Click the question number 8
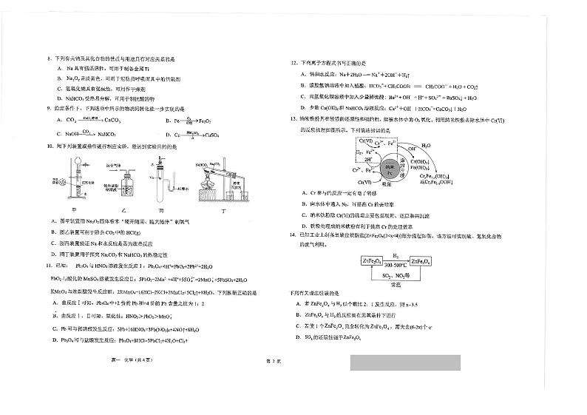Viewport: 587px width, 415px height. (x=48, y=58)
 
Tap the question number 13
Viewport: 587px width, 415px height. (x=293, y=118)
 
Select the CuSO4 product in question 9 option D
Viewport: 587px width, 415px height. (x=209, y=135)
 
